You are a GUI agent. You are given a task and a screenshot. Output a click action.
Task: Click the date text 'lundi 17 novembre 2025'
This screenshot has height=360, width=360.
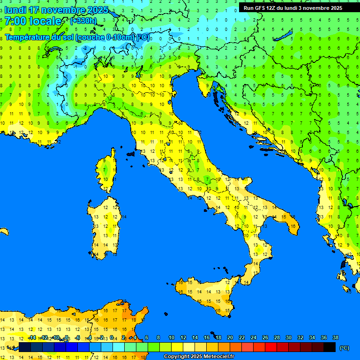(x=56, y=10)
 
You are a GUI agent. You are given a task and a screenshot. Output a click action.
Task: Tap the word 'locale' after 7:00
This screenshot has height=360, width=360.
(x=45, y=21)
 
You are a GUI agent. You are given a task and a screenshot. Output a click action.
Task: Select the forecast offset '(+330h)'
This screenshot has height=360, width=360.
(x=83, y=21)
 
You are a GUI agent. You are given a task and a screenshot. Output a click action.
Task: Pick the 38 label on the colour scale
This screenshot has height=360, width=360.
(x=336, y=338)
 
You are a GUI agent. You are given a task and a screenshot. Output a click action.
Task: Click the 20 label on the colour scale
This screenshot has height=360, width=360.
(x=230, y=338)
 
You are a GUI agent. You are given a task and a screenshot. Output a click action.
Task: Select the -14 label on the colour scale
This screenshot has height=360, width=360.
(x=32, y=338)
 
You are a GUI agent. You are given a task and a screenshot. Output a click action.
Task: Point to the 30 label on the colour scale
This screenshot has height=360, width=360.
(x=288, y=338)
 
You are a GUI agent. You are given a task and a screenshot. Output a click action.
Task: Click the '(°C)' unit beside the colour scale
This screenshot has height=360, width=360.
(x=345, y=347)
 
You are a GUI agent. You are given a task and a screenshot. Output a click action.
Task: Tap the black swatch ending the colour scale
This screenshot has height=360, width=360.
(x=330, y=347)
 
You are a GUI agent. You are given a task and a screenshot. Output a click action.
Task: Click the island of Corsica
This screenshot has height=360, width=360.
(x=108, y=171)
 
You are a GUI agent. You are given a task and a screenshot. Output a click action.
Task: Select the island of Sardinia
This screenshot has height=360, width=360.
(x=105, y=225)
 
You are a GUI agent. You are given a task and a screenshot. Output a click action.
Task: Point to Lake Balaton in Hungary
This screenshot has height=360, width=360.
(x=285, y=36)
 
